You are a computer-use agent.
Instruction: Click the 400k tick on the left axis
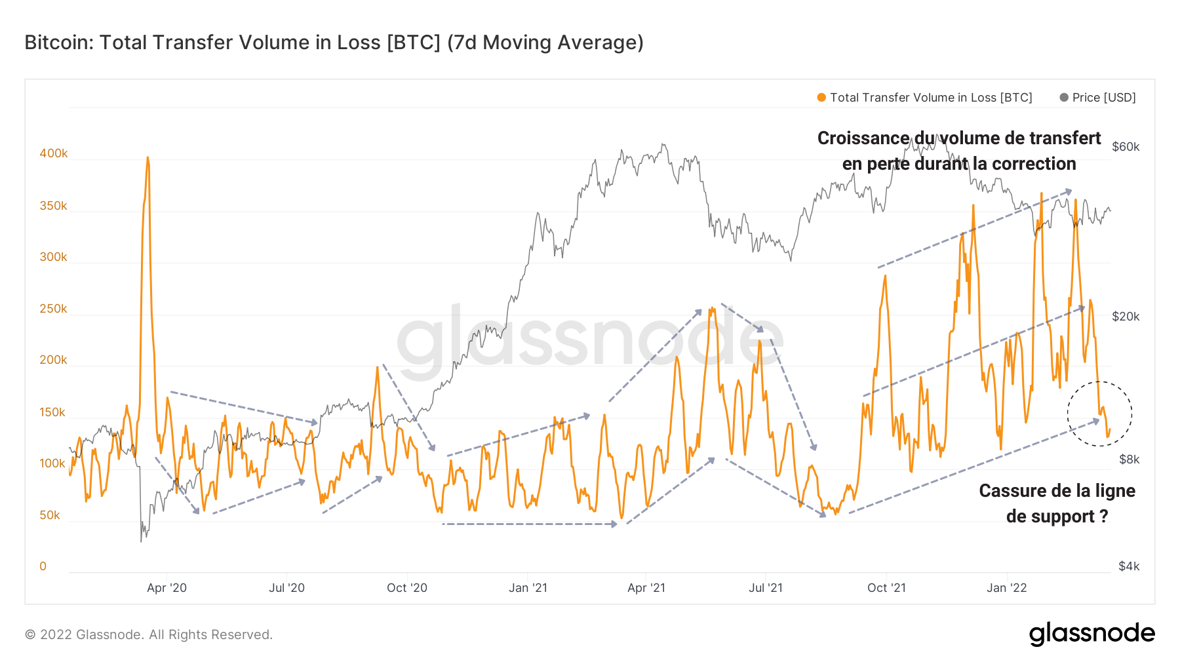pos(54,153)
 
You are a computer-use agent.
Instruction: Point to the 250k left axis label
pos(54,309)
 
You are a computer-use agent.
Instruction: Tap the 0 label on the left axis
pos(43,566)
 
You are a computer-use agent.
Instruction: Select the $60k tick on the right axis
pos(1126,147)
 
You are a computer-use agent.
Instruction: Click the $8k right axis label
pos(1129,459)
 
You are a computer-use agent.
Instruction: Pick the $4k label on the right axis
pos(1129,566)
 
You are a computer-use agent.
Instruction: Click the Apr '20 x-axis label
pos(167,588)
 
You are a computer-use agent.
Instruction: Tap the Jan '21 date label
pos(528,588)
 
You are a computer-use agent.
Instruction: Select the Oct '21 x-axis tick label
pos(886,588)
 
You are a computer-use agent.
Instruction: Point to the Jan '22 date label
pos(1007,588)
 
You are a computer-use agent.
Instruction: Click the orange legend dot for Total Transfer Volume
pos(821,98)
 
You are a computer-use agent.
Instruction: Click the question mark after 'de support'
pos(1104,517)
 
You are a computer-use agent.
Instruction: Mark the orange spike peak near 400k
pos(147,158)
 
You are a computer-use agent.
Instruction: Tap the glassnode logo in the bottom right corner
pos(1091,634)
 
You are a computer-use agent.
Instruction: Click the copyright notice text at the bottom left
pos(149,635)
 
